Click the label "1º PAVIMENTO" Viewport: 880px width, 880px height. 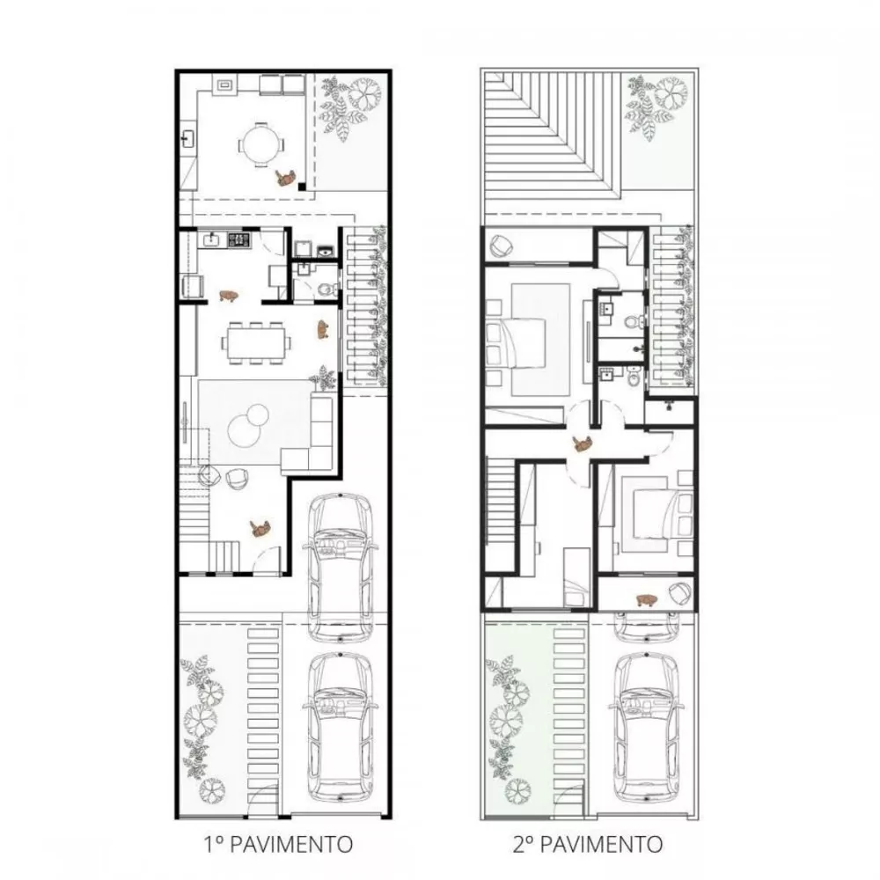pyautogui.click(x=278, y=844)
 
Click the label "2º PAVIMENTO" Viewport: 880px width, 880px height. pyautogui.click(x=588, y=844)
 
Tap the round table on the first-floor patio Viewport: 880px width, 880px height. pyautogui.click(x=261, y=145)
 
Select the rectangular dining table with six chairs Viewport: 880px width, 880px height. pyautogui.click(x=259, y=342)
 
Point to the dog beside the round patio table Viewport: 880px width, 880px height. pyautogui.click(x=286, y=178)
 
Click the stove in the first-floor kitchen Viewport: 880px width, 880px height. pyautogui.click(x=239, y=240)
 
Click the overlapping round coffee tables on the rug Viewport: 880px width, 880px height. pyautogui.click(x=247, y=424)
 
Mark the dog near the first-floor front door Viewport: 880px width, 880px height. pyautogui.click(x=260, y=527)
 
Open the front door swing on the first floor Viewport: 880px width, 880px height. pyautogui.click(x=265, y=560)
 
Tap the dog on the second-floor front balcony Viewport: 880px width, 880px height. pyautogui.click(x=647, y=600)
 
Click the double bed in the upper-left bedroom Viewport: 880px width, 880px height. pyautogui.click(x=517, y=342)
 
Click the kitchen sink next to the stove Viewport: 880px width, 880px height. pyautogui.click(x=211, y=240)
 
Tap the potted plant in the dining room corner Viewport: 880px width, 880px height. pyautogui.click(x=324, y=378)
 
